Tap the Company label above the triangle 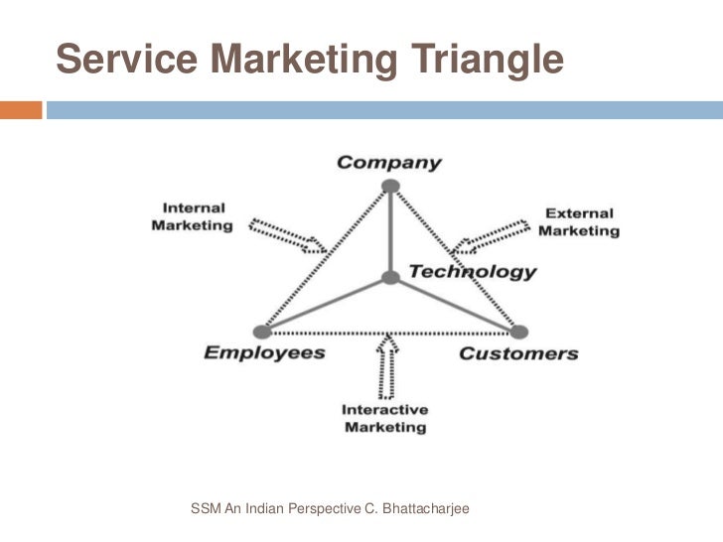389,163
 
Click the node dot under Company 390,186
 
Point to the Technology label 473,271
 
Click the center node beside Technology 390,278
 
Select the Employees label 264,353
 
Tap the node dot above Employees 261,332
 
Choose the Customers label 517,353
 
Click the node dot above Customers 519,332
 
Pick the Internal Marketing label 193,216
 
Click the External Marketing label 579,221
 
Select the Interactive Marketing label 384,418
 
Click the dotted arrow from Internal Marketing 287,234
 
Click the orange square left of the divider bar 21,108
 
